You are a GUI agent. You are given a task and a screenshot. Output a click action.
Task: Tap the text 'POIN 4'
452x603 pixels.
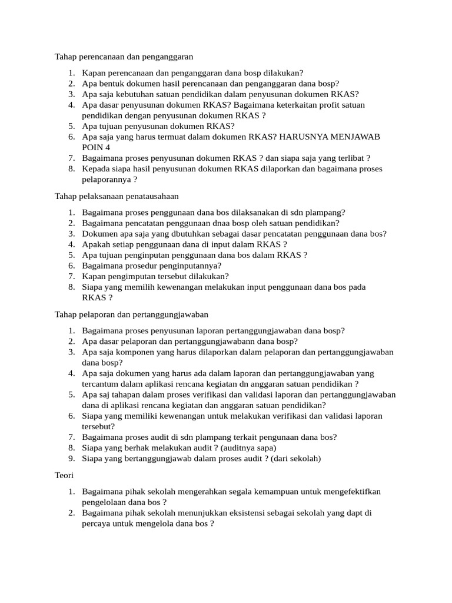coord(96,147)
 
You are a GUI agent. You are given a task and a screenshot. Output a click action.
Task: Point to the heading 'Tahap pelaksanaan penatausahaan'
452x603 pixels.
coord(117,196)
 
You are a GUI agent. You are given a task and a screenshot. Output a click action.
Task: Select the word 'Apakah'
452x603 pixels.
coord(96,244)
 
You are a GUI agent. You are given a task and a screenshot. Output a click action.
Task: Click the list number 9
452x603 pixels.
coord(71,458)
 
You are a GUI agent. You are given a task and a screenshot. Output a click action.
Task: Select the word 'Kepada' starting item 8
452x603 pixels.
coord(96,168)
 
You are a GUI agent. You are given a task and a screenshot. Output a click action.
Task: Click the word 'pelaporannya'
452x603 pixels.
coord(106,179)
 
